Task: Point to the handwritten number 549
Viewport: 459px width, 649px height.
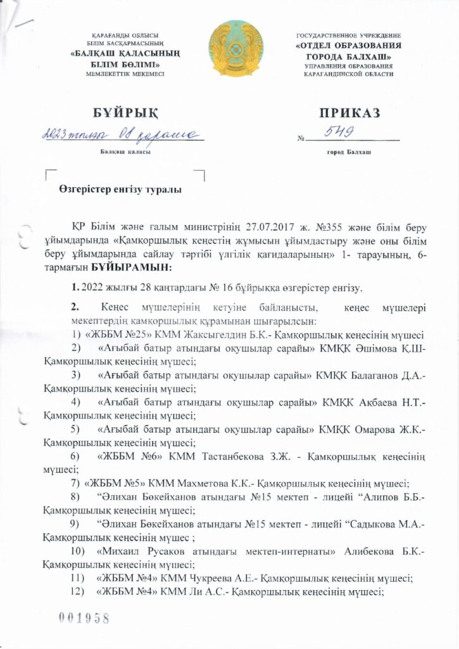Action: pos(340,132)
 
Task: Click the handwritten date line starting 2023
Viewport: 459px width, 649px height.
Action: pos(120,135)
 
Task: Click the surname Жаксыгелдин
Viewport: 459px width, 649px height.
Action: pos(212,335)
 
